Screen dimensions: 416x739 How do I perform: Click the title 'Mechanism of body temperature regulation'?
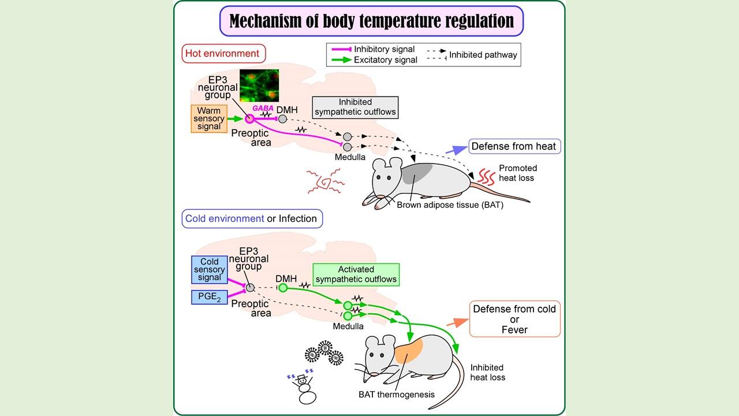point(371,21)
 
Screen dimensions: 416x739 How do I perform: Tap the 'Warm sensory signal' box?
point(208,118)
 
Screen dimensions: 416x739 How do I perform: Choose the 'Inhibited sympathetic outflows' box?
point(355,107)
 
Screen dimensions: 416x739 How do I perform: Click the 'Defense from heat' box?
point(513,146)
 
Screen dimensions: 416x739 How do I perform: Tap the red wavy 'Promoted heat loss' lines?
point(484,174)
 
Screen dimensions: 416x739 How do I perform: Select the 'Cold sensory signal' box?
point(210,270)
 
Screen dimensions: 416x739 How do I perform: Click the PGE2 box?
point(210,298)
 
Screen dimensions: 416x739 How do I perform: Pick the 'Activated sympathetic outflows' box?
point(356,274)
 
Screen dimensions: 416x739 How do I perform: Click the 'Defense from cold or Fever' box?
point(514,319)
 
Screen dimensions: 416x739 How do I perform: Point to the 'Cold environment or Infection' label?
point(251,219)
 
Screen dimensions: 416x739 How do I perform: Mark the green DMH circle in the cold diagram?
point(283,287)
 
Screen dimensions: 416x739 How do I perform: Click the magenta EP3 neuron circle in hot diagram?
point(249,118)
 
